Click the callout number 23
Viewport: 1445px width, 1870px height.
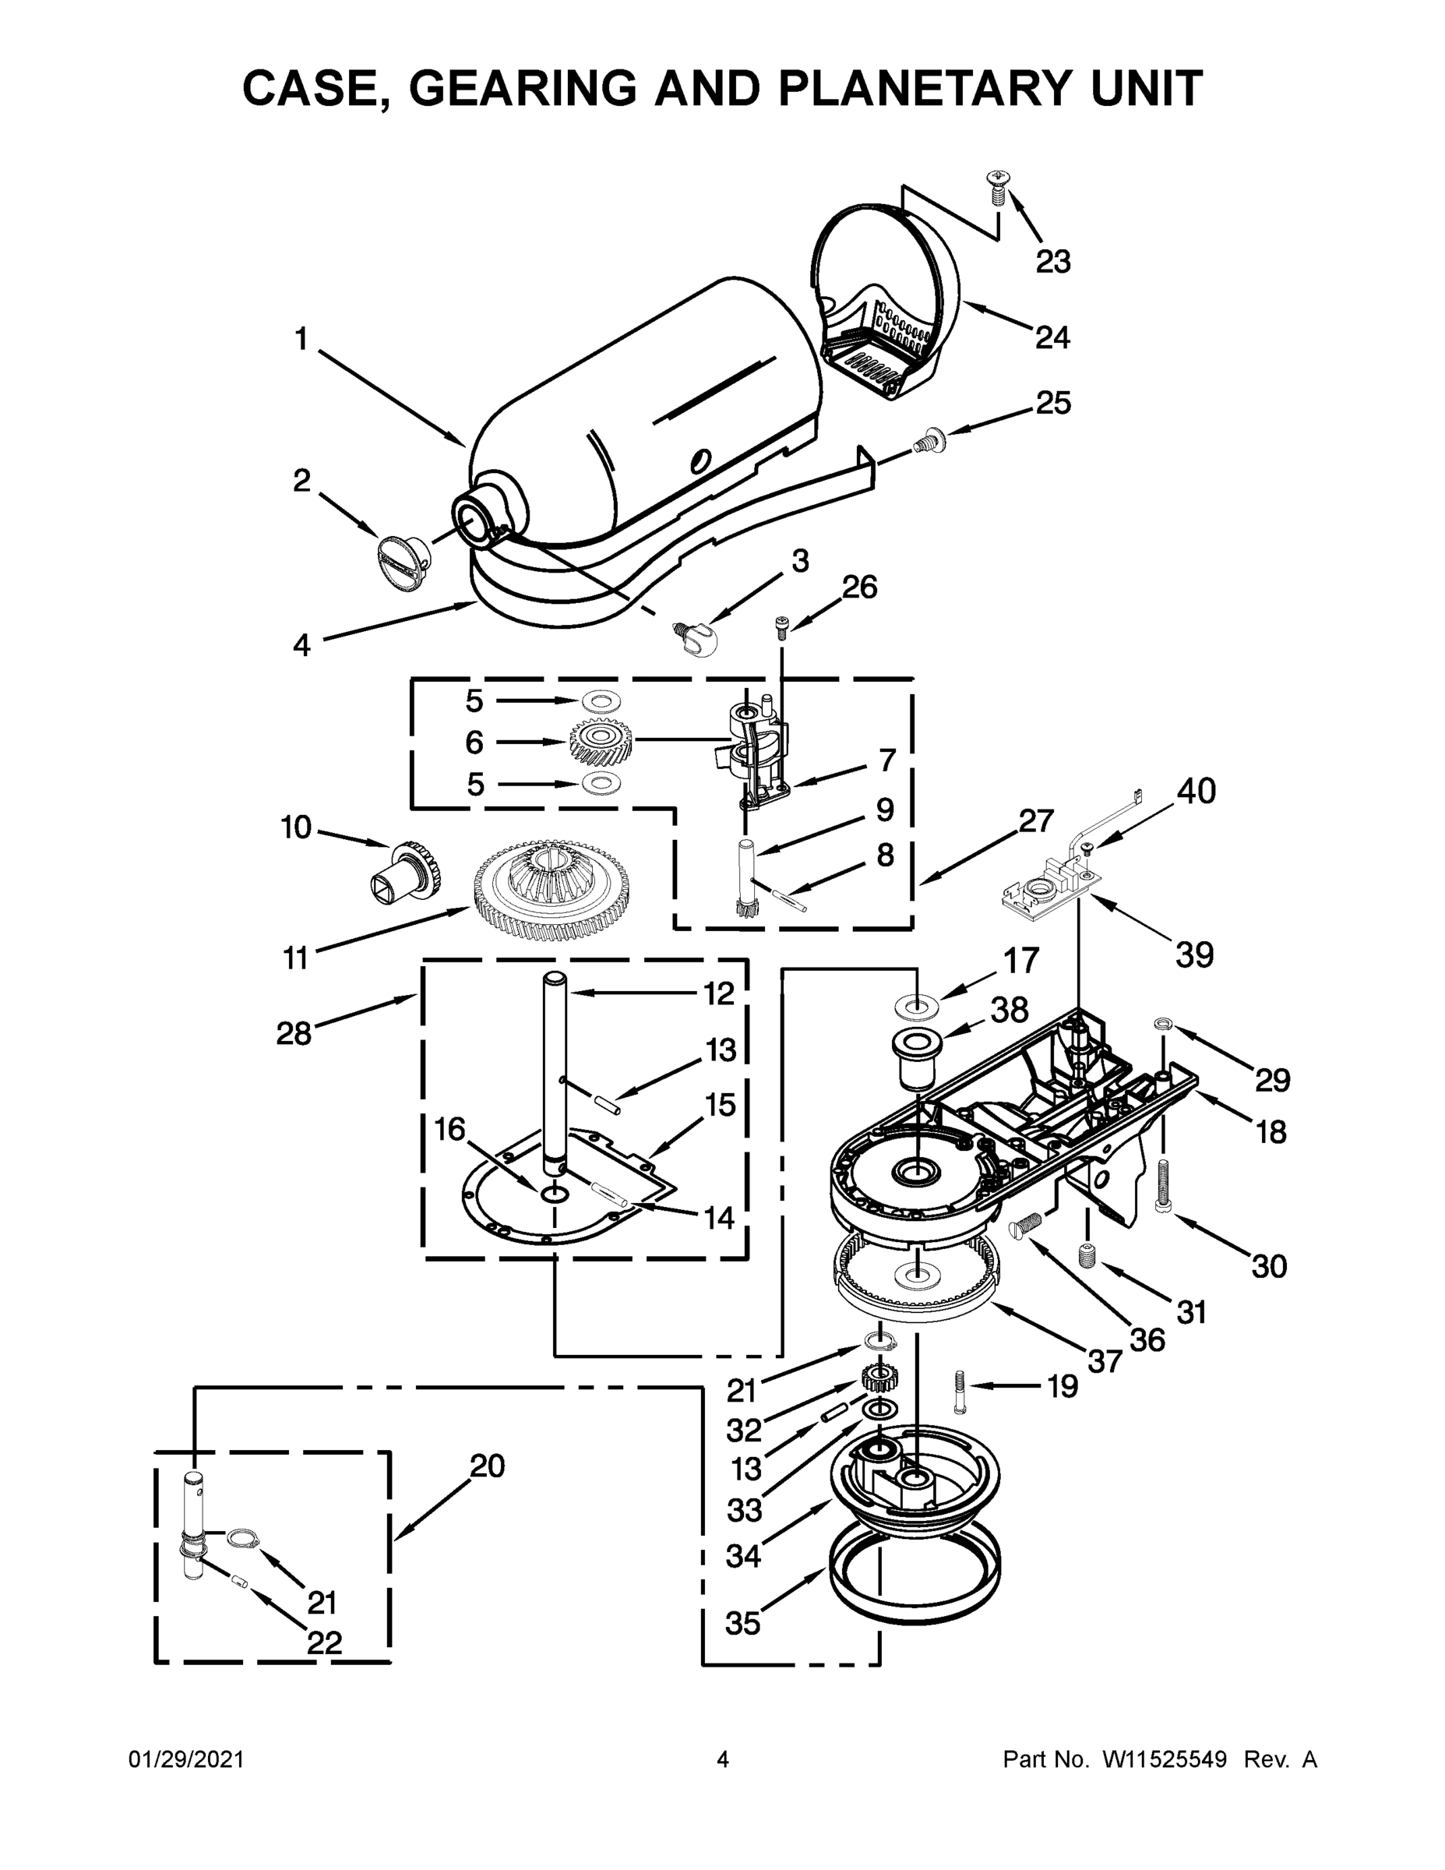coord(1053,262)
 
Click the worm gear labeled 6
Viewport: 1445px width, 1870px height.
coord(601,742)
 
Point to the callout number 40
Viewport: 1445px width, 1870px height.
coord(1196,791)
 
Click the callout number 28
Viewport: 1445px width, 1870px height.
coord(294,1033)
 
